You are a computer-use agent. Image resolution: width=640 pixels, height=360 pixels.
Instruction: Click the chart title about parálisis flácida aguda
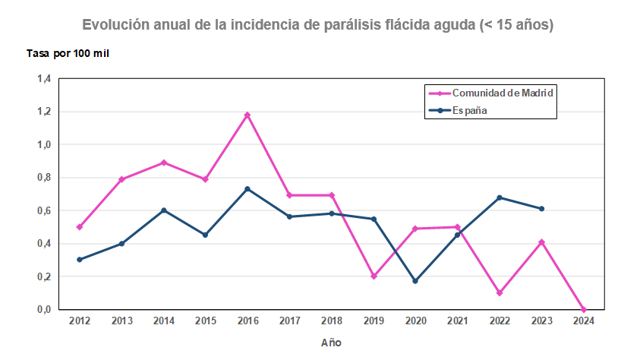(x=318, y=25)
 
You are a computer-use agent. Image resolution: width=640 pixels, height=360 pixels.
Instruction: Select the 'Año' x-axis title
(x=331, y=343)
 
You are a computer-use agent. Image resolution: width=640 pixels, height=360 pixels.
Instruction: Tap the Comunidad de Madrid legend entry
(x=492, y=93)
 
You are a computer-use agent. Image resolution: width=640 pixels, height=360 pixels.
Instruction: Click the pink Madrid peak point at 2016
(x=247, y=115)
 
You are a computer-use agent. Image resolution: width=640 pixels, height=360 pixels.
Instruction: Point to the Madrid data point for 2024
(x=583, y=310)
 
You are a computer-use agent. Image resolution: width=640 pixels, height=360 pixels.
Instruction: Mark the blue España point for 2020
(x=415, y=282)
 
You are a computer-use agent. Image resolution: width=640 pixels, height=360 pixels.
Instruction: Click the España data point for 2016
(x=247, y=189)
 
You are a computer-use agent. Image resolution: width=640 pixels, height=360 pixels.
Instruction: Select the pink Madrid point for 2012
(x=80, y=227)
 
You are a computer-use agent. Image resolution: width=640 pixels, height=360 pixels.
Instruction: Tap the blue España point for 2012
(x=80, y=260)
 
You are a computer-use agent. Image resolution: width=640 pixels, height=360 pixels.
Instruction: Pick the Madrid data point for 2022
(x=500, y=293)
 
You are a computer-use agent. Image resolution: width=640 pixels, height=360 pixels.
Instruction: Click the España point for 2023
(x=541, y=209)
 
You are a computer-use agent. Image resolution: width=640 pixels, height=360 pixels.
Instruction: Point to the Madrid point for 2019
(x=374, y=276)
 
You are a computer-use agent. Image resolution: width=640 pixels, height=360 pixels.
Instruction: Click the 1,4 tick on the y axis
(x=44, y=79)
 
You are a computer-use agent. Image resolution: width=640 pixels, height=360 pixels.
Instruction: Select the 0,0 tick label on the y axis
(x=44, y=310)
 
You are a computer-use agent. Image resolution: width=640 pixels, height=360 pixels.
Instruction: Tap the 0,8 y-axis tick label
(x=44, y=178)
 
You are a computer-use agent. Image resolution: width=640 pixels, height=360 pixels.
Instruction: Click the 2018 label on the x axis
(x=331, y=321)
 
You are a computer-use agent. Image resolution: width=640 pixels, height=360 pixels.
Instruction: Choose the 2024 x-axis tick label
(x=583, y=321)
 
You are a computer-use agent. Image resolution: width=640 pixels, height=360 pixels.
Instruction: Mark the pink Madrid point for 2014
(x=163, y=163)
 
